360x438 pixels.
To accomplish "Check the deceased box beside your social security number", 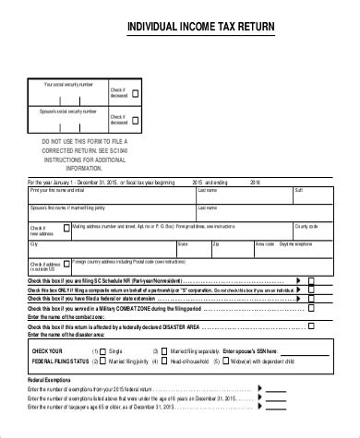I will pyautogui.click(x=136, y=94).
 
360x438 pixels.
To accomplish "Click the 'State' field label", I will pyautogui.click(x=182, y=243).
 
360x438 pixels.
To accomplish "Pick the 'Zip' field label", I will pyautogui.click(x=216, y=243).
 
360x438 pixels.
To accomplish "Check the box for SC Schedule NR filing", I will pyautogui.click(x=311, y=278).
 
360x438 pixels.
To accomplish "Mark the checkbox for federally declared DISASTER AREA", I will pyautogui.click(x=311, y=326).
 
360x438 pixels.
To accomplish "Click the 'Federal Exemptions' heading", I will pyautogui.click(x=47, y=379).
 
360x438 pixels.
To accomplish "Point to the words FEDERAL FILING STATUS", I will pyautogui.click(x=61, y=362).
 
